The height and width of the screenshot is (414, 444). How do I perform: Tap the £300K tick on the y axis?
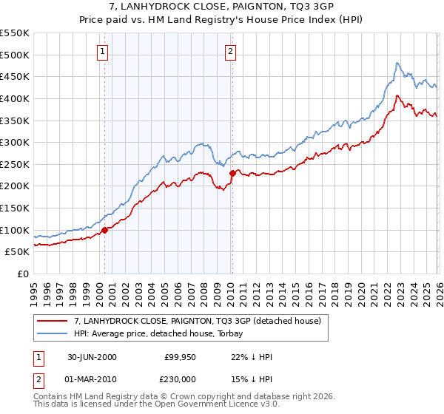point(15,142)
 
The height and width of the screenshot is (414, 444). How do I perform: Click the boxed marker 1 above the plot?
point(102,51)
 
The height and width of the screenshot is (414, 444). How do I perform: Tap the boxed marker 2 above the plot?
point(231,51)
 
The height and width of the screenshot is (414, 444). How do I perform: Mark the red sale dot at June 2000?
point(105,230)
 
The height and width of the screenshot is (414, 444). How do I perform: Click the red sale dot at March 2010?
point(232,173)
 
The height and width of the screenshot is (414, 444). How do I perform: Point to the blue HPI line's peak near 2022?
point(397,64)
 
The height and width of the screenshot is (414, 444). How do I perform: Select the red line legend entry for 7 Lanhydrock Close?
point(197,321)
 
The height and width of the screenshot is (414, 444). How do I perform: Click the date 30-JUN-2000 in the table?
point(91,357)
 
